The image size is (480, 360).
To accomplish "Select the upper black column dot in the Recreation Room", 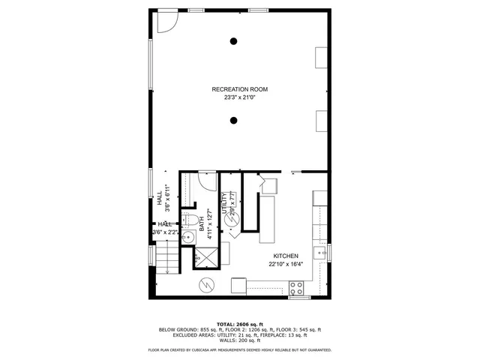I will pyautogui.click(x=235, y=41).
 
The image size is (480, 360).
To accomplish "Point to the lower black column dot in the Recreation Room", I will pyautogui.click(x=235, y=120).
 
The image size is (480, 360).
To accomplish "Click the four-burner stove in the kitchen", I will pyautogui.click(x=296, y=286).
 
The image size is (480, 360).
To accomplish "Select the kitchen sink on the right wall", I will pyautogui.click(x=322, y=252).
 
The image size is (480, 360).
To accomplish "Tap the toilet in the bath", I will pyautogui.click(x=190, y=220).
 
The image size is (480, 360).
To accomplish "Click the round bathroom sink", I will pyautogui.click(x=189, y=238).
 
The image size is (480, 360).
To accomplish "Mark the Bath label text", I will pyautogui.click(x=201, y=223).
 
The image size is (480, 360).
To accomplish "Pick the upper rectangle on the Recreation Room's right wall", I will pyautogui.click(x=321, y=58).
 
